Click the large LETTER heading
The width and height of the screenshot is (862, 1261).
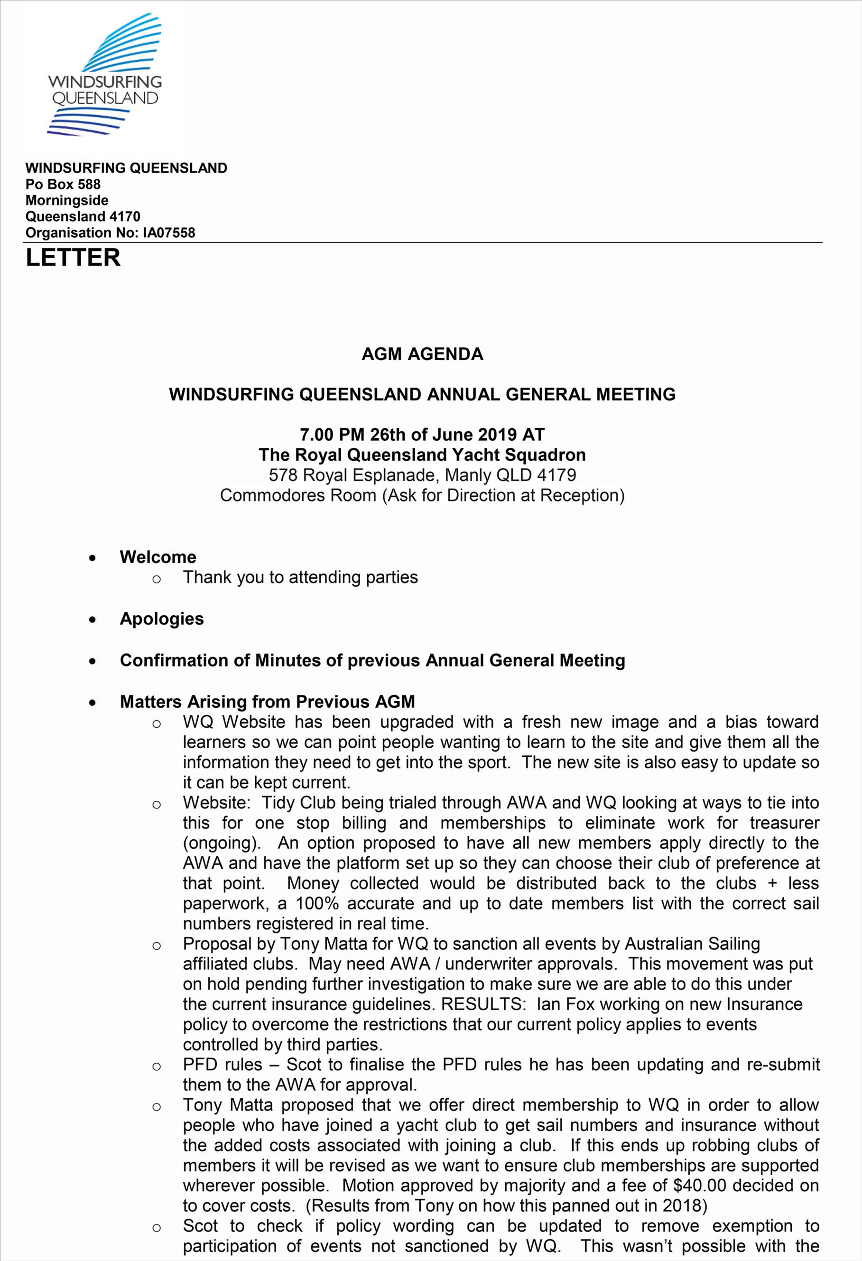pos(73,258)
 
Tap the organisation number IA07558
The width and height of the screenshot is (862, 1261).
pos(169,233)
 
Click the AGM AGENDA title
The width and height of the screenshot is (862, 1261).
pos(422,354)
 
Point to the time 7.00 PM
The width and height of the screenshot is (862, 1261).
pos(332,434)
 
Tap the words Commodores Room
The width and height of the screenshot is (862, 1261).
pos(298,495)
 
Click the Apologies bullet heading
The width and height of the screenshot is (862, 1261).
pos(162,619)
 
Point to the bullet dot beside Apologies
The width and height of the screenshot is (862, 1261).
pos(93,620)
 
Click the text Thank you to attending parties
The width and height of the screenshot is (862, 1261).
pos(300,577)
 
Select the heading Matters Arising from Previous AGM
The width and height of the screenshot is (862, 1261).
pos(267,702)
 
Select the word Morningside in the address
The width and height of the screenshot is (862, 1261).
pos(67,200)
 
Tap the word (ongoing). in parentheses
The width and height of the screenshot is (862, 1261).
pos(222,843)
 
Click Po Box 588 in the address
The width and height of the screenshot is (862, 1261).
pos(63,184)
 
